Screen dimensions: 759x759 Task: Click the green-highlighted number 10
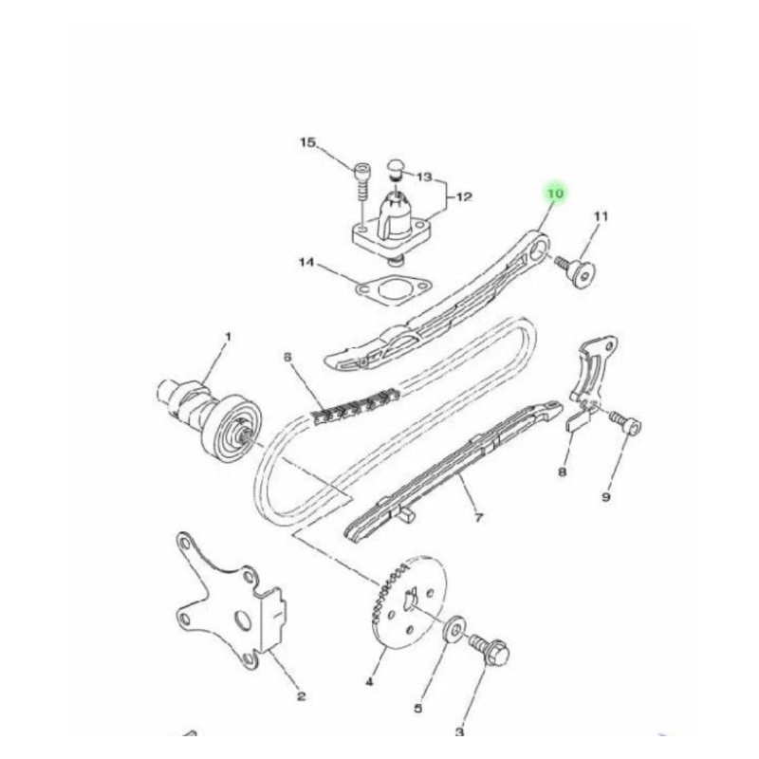[x=556, y=194]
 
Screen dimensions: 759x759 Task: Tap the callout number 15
[x=307, y=143]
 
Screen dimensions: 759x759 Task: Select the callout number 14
[x=306, y=263]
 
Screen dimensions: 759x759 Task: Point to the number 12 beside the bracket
[x=463, y=197]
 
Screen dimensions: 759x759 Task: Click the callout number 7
[x=479, y=518]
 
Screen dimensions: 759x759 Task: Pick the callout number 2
[x=301, y=696]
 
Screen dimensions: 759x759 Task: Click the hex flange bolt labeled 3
[x=490, y=650]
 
